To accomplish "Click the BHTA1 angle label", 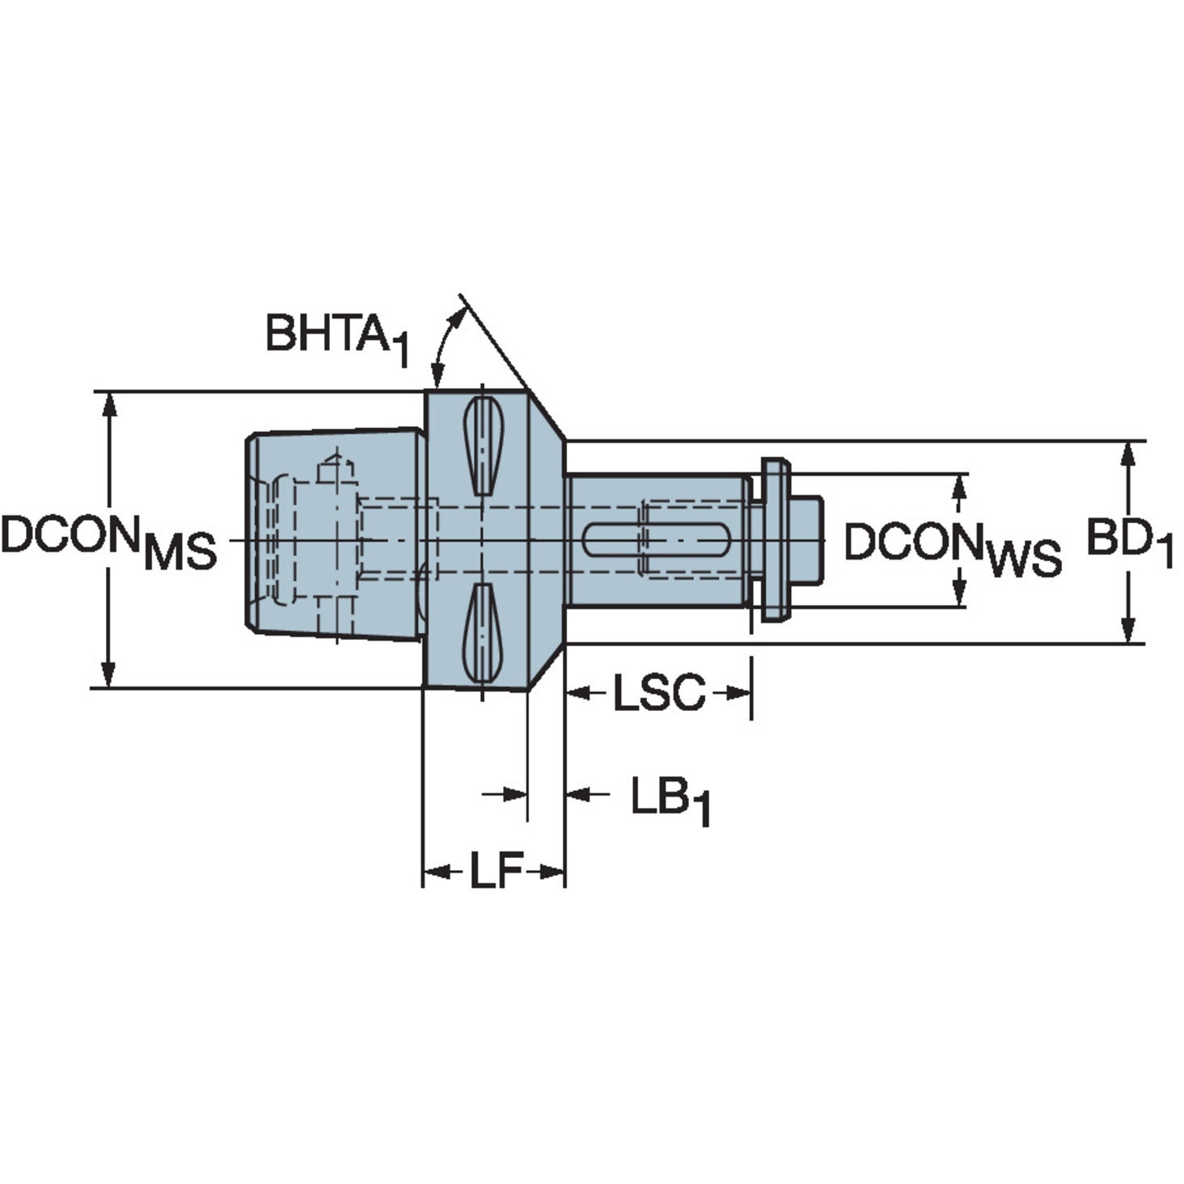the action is click(x=336, y=336).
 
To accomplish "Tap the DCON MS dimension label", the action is click(x=108, y=540).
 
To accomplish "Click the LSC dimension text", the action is click(x=658, y=693).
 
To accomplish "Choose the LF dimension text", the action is click(x=495, y=870).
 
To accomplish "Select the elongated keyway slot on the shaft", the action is click(x=655, y=540).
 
